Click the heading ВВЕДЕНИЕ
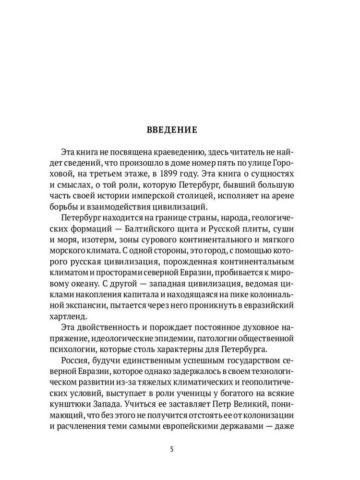pyautogui.click(x=171, y=130)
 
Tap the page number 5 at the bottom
pyautogui.click(x=172, y=450)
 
